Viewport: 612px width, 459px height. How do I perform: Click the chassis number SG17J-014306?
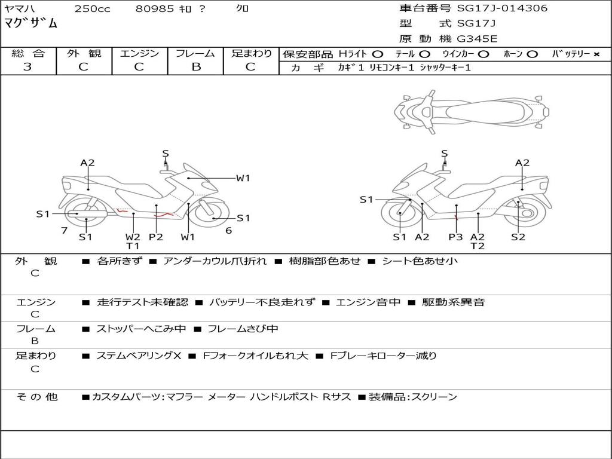pos(502,8)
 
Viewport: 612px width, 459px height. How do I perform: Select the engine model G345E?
pos(478,39)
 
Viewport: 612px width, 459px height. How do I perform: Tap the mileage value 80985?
pos(154,8)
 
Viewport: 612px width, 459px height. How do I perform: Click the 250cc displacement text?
pos(93,8)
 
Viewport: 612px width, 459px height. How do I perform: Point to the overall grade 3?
pos(27,66)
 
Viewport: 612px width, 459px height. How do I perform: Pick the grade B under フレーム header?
pos(196,67)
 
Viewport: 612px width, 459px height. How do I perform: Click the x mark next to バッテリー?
pos(596,54)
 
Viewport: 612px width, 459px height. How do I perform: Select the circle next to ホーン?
pos(532,54)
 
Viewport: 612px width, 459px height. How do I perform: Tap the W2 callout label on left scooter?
pos(133,237)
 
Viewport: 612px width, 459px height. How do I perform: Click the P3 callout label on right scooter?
pos(455,237)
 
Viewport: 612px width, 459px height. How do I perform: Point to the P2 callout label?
pos(156,237)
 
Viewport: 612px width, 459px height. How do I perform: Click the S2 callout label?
pos(518,237)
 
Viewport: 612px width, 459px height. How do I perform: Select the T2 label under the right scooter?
pos(478,246)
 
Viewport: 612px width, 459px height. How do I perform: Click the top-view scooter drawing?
pos(472,112)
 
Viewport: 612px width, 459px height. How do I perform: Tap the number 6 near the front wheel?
pos(229,231)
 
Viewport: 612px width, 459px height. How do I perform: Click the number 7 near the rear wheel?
pos(65,231)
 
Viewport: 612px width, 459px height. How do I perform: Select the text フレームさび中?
pos(243,329)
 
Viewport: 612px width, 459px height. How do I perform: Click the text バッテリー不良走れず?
pos(262,302)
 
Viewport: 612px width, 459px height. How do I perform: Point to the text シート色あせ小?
pos(420,261)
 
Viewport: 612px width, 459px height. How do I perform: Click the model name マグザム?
pos(30,23)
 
